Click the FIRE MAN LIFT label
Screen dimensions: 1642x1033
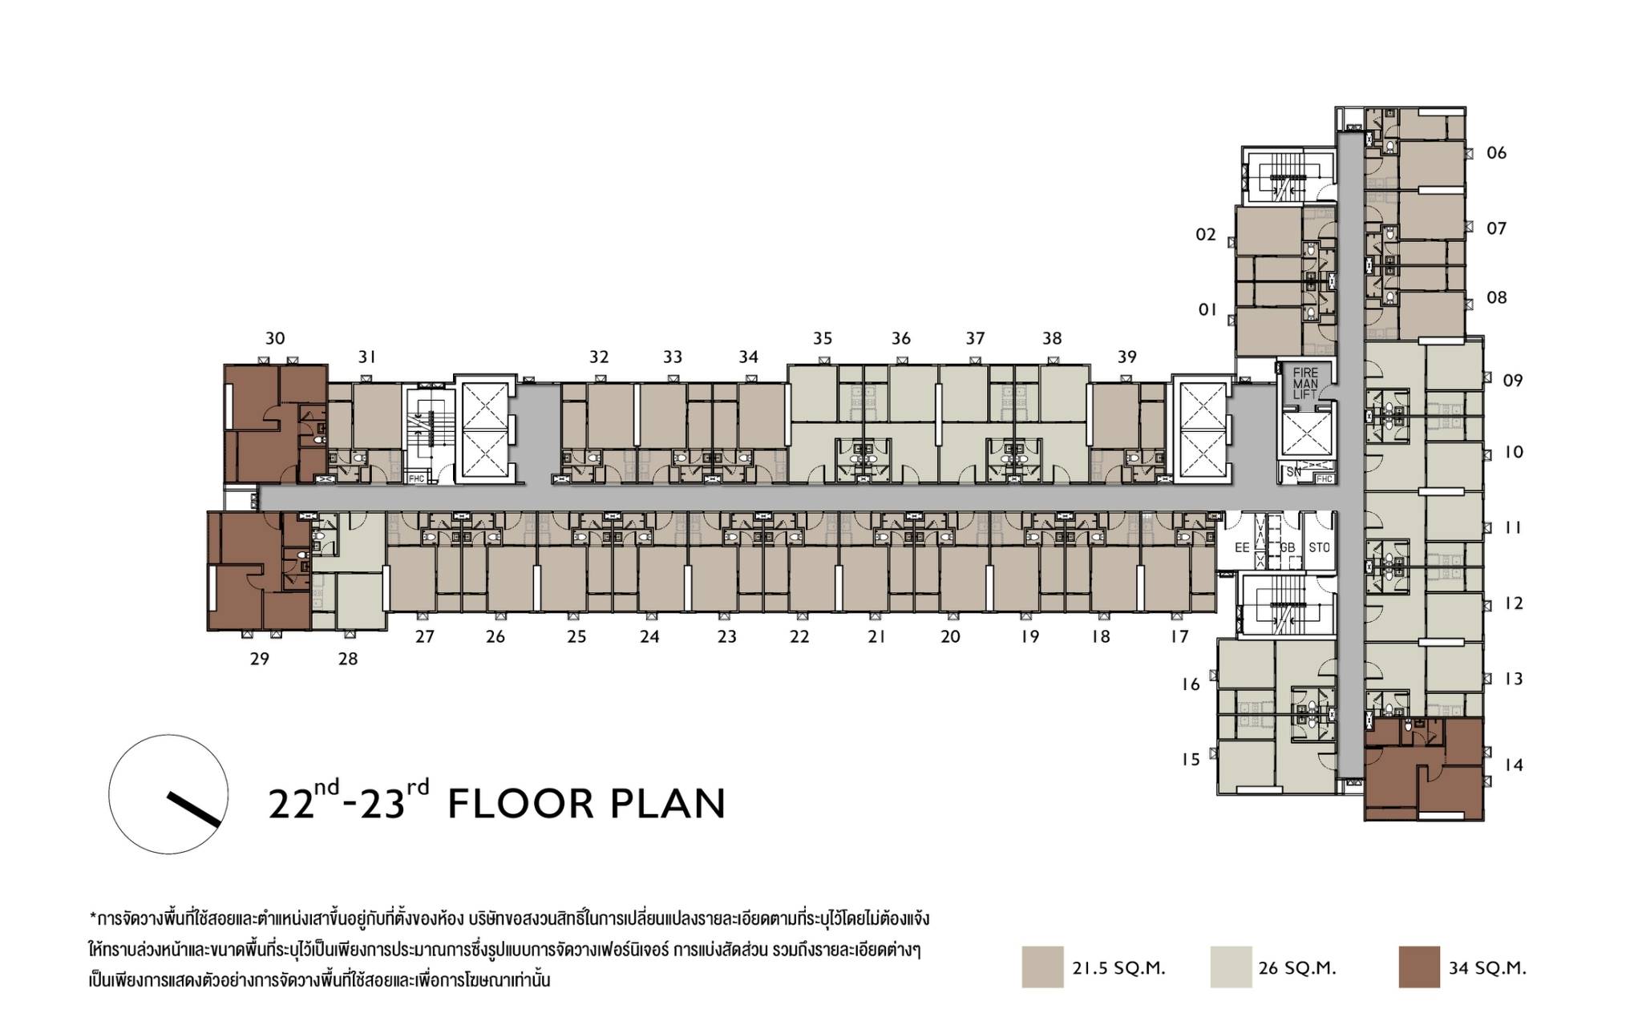(x=1305, y=384)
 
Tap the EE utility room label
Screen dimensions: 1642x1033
(x=1242, y=548)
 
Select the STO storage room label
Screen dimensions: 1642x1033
(x=1319, y=548)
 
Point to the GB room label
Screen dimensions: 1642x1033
(x=1288, y=548)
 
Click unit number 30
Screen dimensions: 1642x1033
(x=275, y=338)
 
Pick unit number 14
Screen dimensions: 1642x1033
(x=1513, y=765)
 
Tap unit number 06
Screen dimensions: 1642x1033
(x=1497, y=153)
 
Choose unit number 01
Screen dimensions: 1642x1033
(x=1207, y=309)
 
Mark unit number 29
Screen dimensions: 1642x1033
(x=260, y=659)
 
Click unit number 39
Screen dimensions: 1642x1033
(x=1127, y=357)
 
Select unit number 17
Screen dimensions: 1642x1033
(x=1179, y=637)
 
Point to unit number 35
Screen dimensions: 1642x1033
(x=823, y=338)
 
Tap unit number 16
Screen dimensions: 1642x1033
(x=1191, y=684)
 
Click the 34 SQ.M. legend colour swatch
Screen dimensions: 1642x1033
(x=1418, y=966)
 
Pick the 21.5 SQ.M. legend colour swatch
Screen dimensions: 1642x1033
(x=1042, y=966)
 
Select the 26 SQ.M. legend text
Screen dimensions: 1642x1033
(x=1297, y=968)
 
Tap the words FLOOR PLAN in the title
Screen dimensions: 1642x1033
(x=586, y=804)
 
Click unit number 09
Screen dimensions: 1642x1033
(x=1513, y=381)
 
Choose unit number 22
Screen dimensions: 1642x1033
(x=799, y=637)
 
